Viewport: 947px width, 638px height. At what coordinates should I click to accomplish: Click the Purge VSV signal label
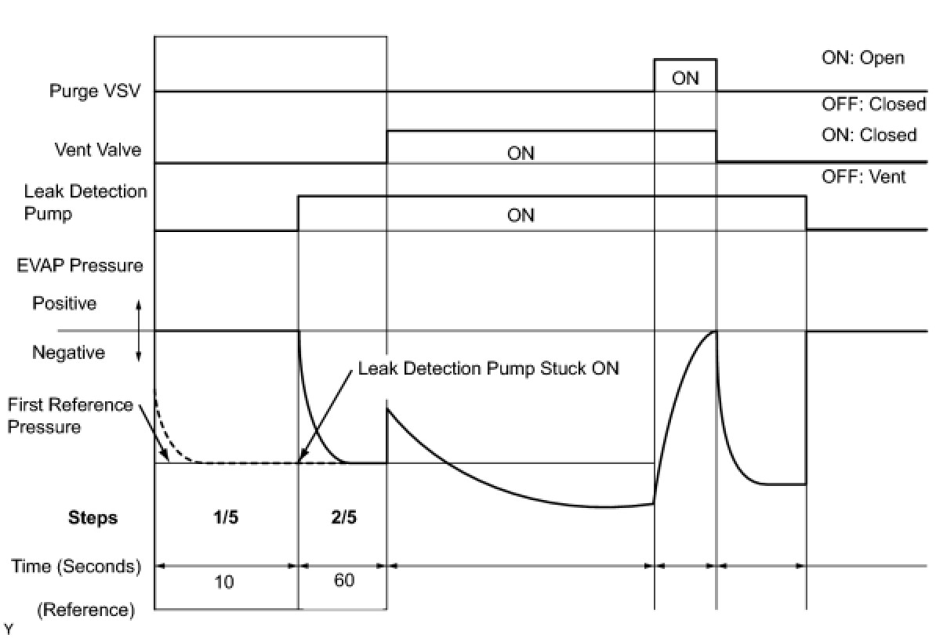95,90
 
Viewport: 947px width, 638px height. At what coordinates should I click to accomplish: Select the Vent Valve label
98,149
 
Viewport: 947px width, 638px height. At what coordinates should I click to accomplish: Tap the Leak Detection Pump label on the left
85,202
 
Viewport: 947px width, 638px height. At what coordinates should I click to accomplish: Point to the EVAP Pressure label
80,265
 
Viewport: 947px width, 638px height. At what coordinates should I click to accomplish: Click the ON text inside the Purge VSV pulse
685,78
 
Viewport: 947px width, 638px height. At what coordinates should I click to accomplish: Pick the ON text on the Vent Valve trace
521,154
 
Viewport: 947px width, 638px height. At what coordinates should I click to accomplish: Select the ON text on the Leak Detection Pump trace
521,215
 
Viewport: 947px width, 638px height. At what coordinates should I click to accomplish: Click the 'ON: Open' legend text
862,58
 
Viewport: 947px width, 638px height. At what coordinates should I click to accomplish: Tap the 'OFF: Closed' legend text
873,104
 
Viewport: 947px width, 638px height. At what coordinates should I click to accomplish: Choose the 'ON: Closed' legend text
869,135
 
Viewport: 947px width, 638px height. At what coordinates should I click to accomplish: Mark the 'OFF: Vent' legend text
863,177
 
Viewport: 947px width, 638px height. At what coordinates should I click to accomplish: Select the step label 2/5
342,517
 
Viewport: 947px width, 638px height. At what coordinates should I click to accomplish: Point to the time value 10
224,582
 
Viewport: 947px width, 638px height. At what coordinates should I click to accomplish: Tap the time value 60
343,581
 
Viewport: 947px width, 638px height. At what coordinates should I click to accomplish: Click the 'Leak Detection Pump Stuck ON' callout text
488,368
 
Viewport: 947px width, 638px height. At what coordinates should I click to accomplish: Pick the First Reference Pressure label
71,416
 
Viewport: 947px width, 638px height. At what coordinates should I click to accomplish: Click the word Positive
64,303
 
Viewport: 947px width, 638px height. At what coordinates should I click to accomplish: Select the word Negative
68,353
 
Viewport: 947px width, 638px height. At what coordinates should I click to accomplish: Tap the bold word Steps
93,517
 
